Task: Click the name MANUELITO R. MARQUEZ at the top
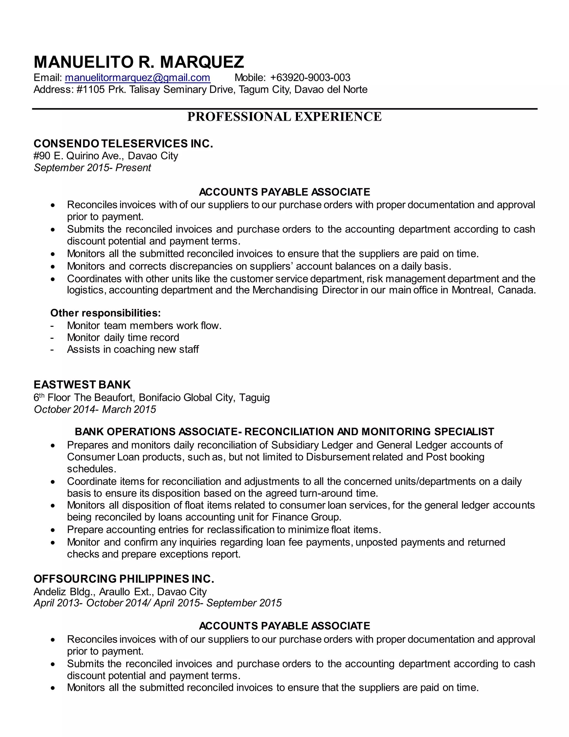[x=139, y=62]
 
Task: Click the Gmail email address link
[x=138, y=78]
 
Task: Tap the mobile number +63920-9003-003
[x=310, y=78]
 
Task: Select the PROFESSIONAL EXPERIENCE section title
[x=284, y=117]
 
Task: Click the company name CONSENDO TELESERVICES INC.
[x=123, y=144]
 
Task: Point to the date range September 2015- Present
[x=92, y=168]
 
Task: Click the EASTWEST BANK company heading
[x=82, y=385]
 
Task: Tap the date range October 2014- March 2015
[x=95, y=409]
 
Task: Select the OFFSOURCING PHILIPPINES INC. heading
[x=124, y=579]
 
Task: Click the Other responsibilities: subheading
[x=106, y=313]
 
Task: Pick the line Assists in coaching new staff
[x=133, y=349]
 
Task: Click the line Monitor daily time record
[x=123, y=337]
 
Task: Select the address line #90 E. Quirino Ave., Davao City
[x=106, y=156]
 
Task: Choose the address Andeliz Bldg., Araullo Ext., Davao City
[x=120, y=592]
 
